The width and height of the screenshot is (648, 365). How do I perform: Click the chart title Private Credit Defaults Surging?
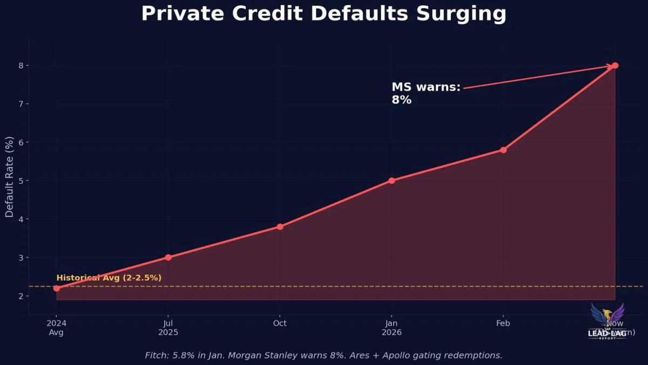324,14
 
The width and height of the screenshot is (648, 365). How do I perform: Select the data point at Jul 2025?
168,257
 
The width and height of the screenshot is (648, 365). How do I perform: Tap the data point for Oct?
280,227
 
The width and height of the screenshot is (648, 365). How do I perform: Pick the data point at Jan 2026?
391,181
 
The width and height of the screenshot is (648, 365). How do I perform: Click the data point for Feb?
503,150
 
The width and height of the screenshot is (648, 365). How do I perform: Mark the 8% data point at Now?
615,65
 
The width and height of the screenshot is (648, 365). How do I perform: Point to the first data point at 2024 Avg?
57,288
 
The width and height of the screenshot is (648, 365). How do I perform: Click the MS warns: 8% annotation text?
426,93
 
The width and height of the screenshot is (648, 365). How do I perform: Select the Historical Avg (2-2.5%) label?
109,278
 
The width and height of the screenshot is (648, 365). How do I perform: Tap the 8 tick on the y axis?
20,65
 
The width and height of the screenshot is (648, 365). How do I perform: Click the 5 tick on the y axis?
20,181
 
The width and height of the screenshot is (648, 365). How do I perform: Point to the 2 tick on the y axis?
20,296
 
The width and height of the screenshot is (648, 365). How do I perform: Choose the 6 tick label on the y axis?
20,142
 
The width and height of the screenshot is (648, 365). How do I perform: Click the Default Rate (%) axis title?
10,177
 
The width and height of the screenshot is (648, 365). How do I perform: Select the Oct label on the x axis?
280,323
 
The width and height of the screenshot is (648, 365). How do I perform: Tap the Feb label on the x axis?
503,323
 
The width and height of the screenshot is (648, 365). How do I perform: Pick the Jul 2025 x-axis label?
168,328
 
